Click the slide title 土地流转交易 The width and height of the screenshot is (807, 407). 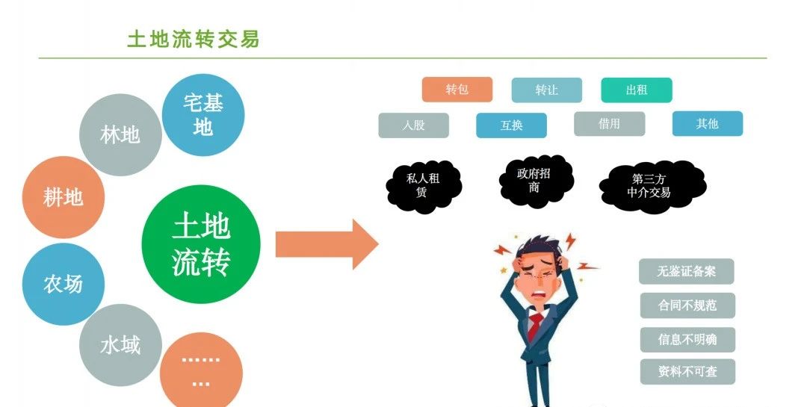coord(193,39)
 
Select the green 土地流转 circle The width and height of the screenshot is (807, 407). coord(201,243)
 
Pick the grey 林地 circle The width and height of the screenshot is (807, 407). coord(120,134)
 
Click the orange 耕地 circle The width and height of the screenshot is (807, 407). coord(63,197)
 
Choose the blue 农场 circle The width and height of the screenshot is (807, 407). coord(63,284)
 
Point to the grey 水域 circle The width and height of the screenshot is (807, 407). coord(120,345)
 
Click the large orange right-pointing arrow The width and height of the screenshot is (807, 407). coord(327,244)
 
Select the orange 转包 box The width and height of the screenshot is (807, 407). coord(457,90)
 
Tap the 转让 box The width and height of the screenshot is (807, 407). coord(546,90)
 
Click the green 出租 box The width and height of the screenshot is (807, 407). coord(637,90)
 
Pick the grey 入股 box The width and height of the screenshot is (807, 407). coord(413,125)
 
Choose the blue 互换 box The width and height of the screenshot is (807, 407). coord(511,125)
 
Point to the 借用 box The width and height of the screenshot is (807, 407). coord(609,124)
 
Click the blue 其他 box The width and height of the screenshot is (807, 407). coord(707,124)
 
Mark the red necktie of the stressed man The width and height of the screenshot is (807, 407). coord(536,326)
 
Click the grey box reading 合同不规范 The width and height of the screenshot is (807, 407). coord(687,305)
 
